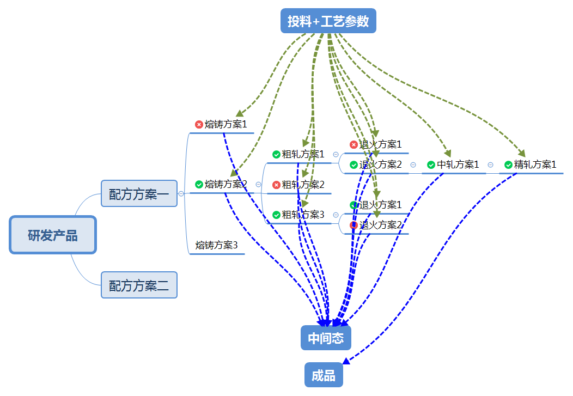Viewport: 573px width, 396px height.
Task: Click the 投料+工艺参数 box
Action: coord(328,21)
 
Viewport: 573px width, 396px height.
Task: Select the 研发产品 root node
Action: coord(53,235)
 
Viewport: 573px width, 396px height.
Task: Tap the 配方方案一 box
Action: coord(139,193)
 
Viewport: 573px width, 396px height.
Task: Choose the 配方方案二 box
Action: coord(139,285)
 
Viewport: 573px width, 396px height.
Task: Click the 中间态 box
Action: coord(326,338)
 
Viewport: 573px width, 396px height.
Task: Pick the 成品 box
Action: coord(324,375)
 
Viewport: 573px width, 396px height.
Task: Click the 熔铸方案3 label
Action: coord(217,245)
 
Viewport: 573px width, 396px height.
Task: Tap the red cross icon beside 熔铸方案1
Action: coord(199,125)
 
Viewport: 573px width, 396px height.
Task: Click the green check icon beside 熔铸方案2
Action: coord(199,185)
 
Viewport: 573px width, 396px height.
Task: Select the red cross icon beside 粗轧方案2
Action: coord(276,185)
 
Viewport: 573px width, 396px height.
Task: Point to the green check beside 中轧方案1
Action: coord(431,165)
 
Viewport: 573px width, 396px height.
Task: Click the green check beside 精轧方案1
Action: coord(508,165)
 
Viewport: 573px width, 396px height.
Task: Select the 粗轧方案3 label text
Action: coord(303,215)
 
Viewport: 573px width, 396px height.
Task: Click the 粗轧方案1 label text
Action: coord(303,154)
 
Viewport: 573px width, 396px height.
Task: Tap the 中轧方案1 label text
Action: coord(458,164)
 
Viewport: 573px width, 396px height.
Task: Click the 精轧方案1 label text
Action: coord(535,164)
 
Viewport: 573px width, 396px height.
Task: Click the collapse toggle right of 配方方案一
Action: coord(181,193)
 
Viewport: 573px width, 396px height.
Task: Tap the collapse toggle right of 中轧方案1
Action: coord(490,165)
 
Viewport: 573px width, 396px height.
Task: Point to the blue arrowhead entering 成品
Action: coord(346,361)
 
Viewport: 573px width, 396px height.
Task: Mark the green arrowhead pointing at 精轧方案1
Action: coord(521,153)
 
